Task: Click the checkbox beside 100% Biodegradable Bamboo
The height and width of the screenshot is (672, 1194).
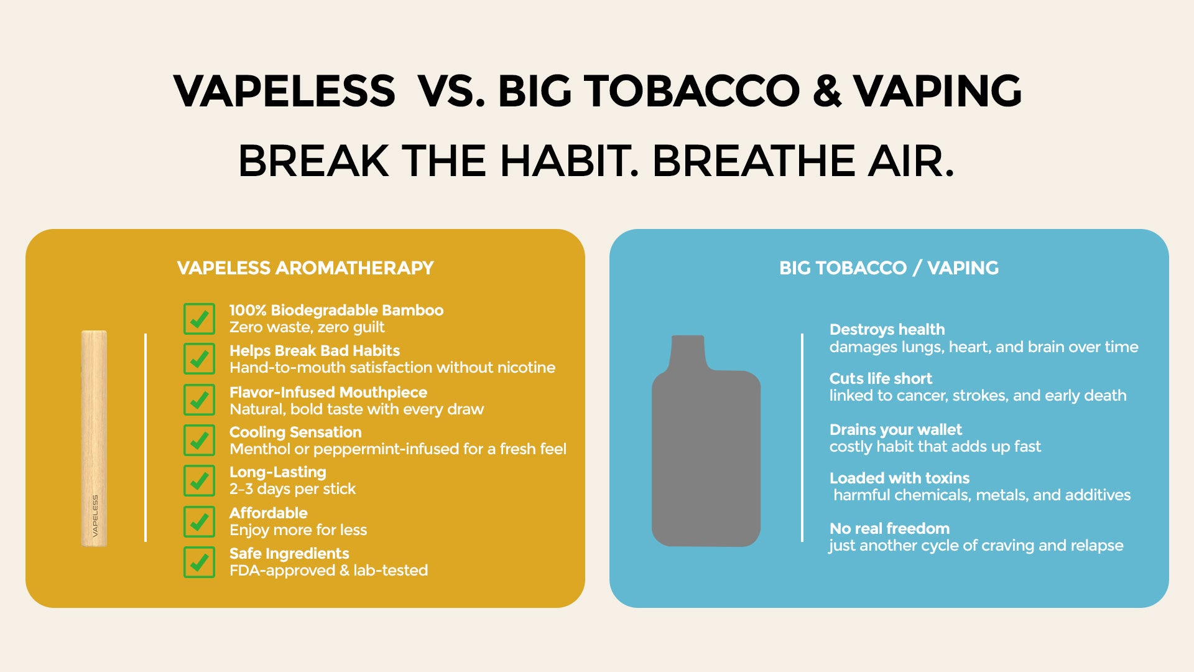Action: (199, 319)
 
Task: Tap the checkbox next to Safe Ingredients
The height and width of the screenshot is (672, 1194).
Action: (199, 562)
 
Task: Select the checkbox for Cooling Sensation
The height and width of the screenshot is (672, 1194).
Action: (199, 441)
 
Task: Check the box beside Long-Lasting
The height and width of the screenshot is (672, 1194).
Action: (199, 481)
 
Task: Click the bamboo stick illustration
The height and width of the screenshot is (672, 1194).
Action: (94, 439)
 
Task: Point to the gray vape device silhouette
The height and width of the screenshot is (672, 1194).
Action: (706, 441)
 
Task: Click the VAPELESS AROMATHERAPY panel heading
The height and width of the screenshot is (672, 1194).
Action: (305, 268)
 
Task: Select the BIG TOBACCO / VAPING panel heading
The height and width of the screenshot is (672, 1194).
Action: (889, 268)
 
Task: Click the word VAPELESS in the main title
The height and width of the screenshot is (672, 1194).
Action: (284, 91)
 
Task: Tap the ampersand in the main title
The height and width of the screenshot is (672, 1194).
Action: (826, 91)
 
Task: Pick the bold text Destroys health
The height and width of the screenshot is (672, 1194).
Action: (887, 330)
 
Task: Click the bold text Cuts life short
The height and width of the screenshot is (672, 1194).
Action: (881, 378)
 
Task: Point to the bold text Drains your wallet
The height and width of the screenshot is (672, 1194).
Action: (895, 429)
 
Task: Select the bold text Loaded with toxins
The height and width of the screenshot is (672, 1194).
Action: (899, 478)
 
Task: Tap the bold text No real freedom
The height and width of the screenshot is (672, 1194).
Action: (889, 528)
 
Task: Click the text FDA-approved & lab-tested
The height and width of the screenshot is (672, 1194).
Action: (328, 571)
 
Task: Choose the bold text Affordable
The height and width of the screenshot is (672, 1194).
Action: (268, 513)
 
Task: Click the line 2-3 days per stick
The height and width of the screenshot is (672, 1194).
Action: (292, 489)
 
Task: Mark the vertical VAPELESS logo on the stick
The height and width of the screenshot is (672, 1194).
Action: (95, 515)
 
